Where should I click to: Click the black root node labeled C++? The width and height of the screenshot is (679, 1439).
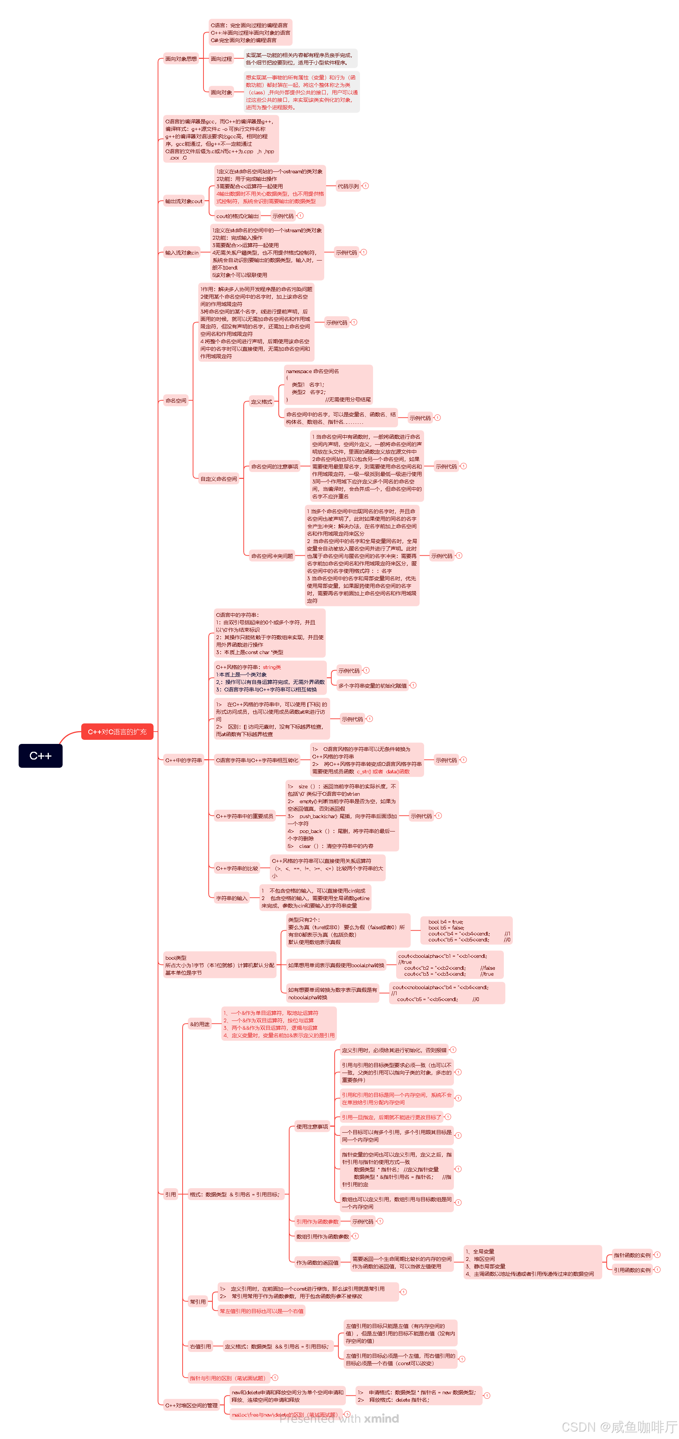click(40, 756)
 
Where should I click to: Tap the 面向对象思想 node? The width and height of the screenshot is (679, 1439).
click(181, 59)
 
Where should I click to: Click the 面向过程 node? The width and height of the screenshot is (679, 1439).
click(221, 59)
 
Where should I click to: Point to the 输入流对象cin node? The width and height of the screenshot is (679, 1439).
click(181, 252)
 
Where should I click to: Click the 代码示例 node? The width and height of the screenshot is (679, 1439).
click(348, 186)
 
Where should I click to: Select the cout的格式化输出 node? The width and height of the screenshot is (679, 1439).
click(237, 216)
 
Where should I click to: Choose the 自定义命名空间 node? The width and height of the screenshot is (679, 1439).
click(218, 479)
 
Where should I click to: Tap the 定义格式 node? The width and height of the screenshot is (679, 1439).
click(261, 402)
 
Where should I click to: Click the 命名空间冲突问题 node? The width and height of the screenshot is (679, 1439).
click(272, 556)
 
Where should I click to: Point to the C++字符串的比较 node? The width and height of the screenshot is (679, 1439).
click(237, 869)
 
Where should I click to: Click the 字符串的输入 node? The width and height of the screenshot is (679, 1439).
click(231, 898)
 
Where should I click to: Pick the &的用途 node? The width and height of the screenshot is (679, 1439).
click(199, 1024)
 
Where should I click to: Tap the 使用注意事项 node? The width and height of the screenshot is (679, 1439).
click(312, 1127)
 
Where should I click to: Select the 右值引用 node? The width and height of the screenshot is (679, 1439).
click(200, 1346)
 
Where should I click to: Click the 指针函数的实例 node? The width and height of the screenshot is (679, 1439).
click(632, 1255)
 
